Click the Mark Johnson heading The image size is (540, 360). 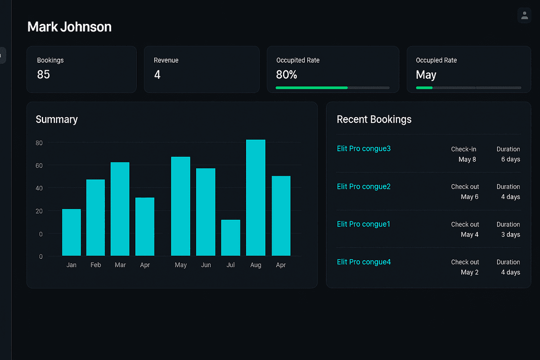click(x=69, y=27)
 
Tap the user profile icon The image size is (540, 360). click(x=524, y=15)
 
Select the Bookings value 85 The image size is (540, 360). click(x=44, y=75)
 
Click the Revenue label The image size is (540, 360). click(x=166, y=60)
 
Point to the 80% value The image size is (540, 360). click(x=287, y=75)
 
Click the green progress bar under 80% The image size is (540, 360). click(x=311, y=88)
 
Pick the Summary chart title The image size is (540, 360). click(x=57, y=119)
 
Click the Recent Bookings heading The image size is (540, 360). click(x=374, y=119)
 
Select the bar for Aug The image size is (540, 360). click(x=256, y=198)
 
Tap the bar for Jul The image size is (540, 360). click(x=230, y=238)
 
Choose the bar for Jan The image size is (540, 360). click(x=72, y=232)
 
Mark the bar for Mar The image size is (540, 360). click(x=120, y=209)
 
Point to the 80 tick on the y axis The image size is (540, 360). click(x=39, y=143)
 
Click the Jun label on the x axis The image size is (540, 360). click(x=206, y=265)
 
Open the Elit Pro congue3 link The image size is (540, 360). click(x=364, y=148)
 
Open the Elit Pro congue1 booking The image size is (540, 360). click(x=364, y=224)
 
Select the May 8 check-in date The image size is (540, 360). click(x=467, y=159)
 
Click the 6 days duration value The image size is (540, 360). click(x=510, y=159)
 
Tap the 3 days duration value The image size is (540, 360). click(x=510, y=234)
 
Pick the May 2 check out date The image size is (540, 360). click(x=469, y=272)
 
